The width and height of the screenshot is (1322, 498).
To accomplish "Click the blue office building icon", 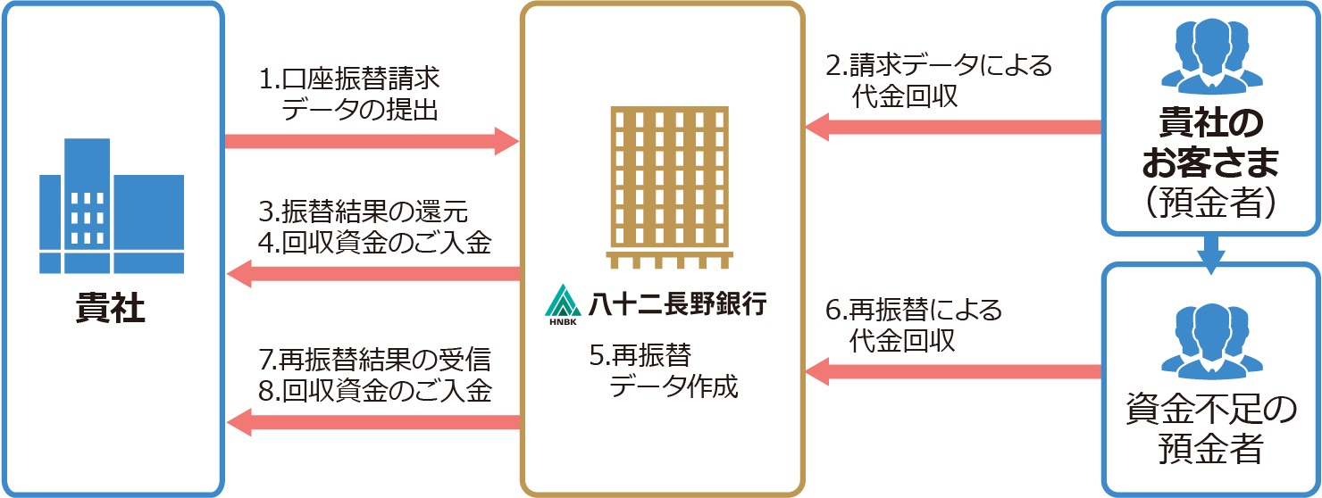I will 111,206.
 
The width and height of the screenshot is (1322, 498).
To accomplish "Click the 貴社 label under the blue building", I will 111,311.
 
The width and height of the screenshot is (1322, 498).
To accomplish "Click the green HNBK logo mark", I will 562,304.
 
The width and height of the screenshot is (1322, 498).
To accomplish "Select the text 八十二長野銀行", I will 676,304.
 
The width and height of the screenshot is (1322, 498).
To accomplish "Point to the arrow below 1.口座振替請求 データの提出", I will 372,141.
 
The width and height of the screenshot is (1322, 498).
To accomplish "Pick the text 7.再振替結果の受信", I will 374,360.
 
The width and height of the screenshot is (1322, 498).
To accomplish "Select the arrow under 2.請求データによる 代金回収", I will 952,128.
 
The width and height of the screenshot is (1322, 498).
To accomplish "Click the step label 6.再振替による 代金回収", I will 913,325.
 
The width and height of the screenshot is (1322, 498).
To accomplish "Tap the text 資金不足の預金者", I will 1210,429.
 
